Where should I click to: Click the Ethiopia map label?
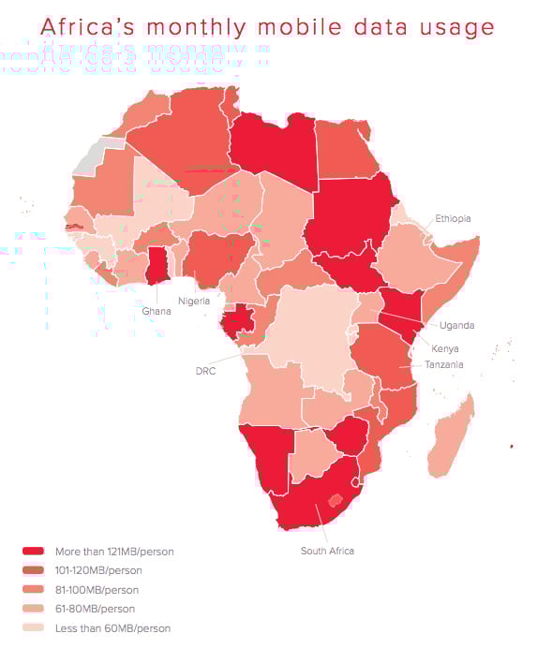pyautogui.click(x=453, y=218)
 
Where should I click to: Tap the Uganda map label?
pyautogui.click(x=456, y=325)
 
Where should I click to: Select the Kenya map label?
pyautogui.click(x=445, y=348)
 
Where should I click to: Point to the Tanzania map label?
pyautogui.click(x=443, y=364)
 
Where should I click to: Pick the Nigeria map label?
pyautogui.click(x=194, y=301)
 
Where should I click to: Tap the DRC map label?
pyautogui.click(x=205, y=370)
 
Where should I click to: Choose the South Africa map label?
pyautogui.click(x=327, y=551)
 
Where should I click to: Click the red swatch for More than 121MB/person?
pyautogui.click(x=34, y=552)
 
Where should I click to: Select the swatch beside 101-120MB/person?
pyautogui.click(x=34, y=570)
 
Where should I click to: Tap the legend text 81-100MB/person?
pyautogui.click(x=97, y=590)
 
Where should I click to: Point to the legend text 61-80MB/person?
pyautogui.click(x=95, y=609)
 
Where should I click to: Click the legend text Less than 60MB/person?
pyautogui.click(x=112, y=628)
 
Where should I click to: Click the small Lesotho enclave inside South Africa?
pyautogui.click(x=336, y=499)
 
